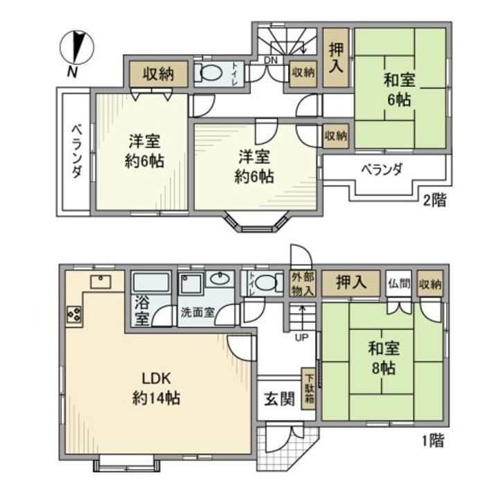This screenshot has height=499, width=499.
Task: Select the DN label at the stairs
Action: click(x=270, y=60)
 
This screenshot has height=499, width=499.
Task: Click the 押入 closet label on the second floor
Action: click(x=335, y=58)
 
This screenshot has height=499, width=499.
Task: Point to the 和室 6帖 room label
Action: click(x=399, y=89)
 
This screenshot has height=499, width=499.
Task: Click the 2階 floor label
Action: click(x=435, y=201)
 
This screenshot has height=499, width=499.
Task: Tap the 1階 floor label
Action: click(x=432, y=439)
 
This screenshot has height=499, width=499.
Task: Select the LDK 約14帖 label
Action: click(x=157, y=388)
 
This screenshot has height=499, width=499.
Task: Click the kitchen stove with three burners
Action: click(x=73, y=313)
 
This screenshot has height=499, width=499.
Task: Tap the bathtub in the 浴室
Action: click(x=151, y=283)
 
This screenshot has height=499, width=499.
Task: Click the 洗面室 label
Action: click(x=198, y=312)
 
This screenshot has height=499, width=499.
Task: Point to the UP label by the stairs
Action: click(x=302, y=338)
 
